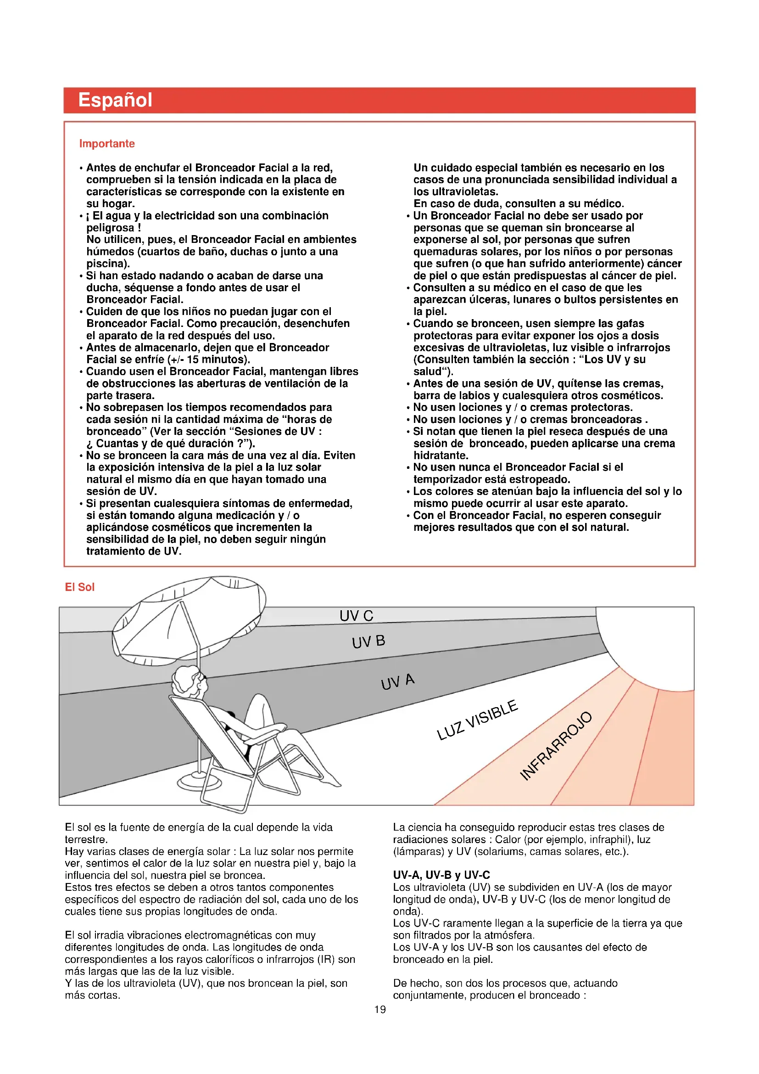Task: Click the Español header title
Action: coord(115,100)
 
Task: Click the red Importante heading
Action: coord(107,144)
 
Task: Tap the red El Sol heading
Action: coord(79,587)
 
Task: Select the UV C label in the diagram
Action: coord(356,616)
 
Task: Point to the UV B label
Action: coord(368,642)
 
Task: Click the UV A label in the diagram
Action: coord(397,681)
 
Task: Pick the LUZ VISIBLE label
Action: coord(477,721)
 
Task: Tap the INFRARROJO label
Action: coord(556,746)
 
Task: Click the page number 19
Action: coord(380,1009)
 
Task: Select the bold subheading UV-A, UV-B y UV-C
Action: coord(441,875)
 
